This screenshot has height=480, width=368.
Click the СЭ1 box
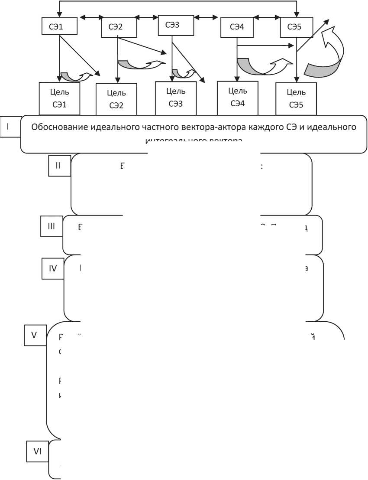pos(59,26)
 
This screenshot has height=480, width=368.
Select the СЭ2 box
pos(118,27)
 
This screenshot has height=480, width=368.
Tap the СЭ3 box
pos(175,25)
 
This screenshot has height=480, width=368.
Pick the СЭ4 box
pos(236,27)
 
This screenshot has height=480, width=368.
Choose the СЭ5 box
pos(297,27)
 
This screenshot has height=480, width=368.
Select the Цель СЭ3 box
pos(176,98)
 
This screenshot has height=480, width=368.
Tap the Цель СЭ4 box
pos(236,97)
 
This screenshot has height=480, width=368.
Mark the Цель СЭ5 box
pos(297,98)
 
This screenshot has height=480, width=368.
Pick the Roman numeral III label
pos(52,226)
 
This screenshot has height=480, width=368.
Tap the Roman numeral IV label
pos(53,268)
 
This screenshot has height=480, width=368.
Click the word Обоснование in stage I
pos(59,127)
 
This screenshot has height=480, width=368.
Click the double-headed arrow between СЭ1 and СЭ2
pos(90,18)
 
